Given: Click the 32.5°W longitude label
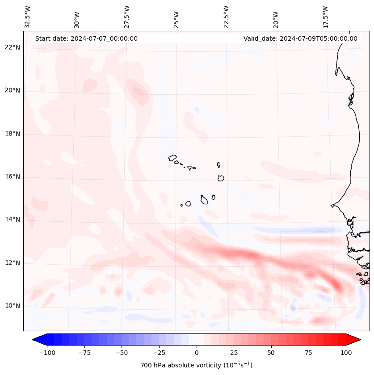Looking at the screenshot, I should coord(28,17).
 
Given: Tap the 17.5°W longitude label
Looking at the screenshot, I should coord(325,17).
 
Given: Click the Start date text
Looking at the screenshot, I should coord(86,38).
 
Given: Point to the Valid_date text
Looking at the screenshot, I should coord(300,38).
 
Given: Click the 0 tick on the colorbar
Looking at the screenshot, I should coord(196,353).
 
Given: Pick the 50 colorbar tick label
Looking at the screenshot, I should coord(271,353).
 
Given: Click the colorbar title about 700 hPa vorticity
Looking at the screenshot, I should coord(196,366).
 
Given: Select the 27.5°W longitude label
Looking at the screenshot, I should coord(127,17).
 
